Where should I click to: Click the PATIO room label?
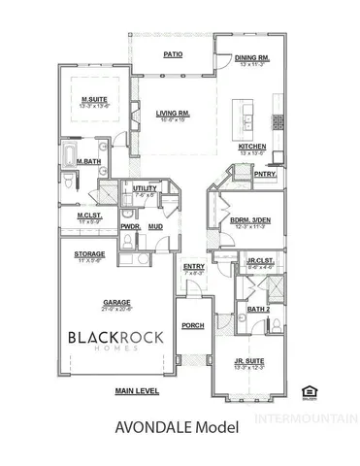pos(174,55)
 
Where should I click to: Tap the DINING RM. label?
pos(252,58)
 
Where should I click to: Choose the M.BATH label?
pos(92,161)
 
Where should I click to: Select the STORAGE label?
pos(90,254)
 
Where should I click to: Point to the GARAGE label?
pos(116,301)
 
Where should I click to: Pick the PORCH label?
pos(192,325)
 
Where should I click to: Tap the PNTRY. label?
pos(265,175)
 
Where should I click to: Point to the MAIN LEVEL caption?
pos(137,390)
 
